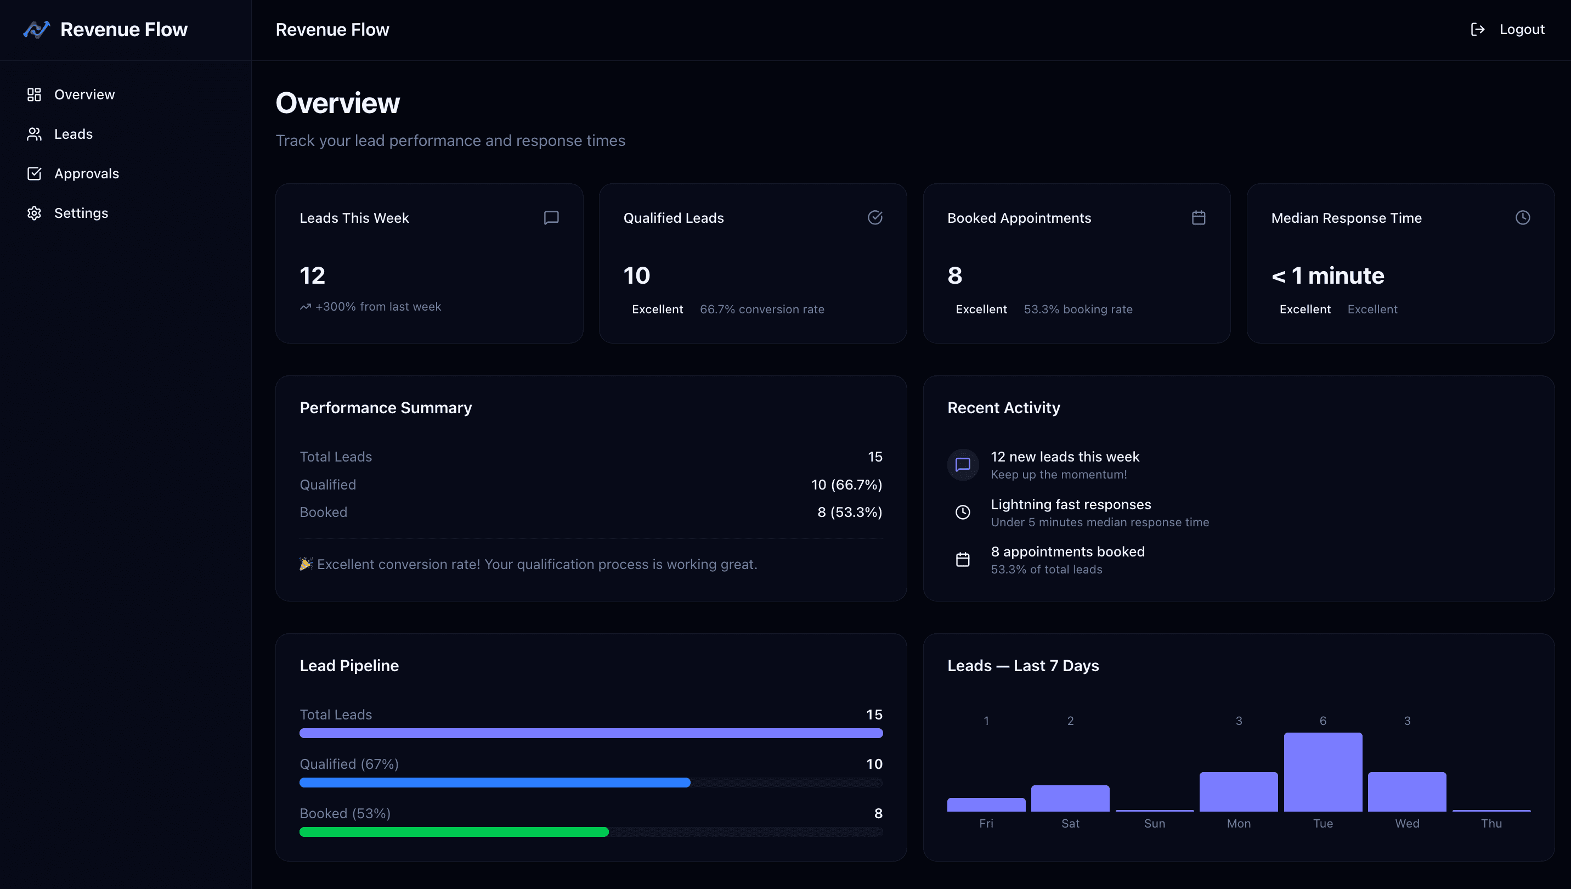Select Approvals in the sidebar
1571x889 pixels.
click(x=86, y=173)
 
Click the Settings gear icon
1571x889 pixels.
click(x=34, y=213)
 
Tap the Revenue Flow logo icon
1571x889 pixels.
click(x=37, y=29)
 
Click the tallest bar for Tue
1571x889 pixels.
click(x=1323, y=772)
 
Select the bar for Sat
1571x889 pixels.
click(x=1070, y=798)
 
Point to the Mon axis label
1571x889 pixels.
click(x=1239, y=823)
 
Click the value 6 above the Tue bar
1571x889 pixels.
click(x=1323, y=721)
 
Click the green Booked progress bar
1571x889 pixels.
click(x=454, y=831)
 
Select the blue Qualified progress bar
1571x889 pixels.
click(x=494, y=782)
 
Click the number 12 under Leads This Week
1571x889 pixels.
click(x=312, y=275)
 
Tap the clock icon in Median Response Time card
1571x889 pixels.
click(x=1522, y=217)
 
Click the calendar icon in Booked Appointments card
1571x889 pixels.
click(x=1198, y=217)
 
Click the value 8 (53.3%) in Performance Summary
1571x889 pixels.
click(x=849, y=511)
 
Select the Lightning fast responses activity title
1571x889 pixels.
click(x=1071, y=504)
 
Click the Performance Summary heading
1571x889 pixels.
click(x=385, y=407)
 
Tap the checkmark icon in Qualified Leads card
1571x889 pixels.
click(x=874, y=217)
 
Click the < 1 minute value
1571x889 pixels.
click(x=1327, y=275)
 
